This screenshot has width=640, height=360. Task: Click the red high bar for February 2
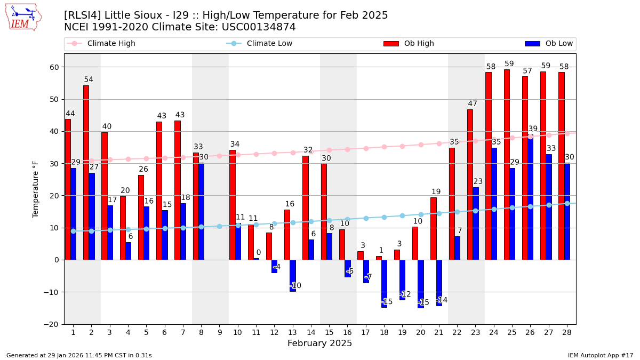[86, 172]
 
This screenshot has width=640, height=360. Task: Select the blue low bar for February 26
[530, 197]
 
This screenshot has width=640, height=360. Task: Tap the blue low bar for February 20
[420, 284]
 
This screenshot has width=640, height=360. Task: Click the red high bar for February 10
[232, 205]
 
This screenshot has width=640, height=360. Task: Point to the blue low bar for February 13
[292, 275]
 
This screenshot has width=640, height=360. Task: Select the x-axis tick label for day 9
[219, 332]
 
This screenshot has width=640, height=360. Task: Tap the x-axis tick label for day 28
[566, 332]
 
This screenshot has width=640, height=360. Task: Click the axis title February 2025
[319, 343]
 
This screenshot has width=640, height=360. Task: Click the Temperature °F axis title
[36, 189]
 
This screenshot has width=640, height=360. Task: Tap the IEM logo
[23, 17]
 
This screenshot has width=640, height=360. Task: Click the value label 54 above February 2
[89, 80]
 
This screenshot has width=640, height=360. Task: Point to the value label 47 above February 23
[473, 104]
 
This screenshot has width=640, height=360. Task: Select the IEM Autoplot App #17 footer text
[600, 355]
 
